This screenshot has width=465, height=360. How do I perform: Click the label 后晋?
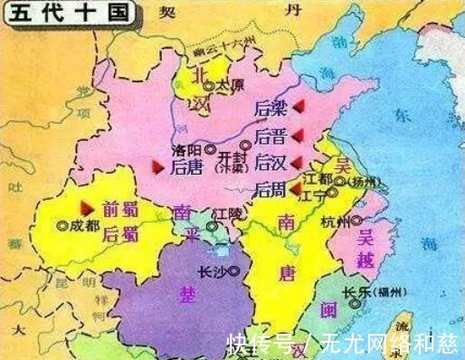(x=270, y=137)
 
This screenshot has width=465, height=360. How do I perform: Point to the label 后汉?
(x=270, y=164)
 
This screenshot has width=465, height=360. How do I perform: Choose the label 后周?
(x=270, y=190)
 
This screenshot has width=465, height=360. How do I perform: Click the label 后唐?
(x=186, y=167)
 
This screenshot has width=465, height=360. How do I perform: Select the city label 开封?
(x=232, y=155)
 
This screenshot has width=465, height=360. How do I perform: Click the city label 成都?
(x=86, y=224)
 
